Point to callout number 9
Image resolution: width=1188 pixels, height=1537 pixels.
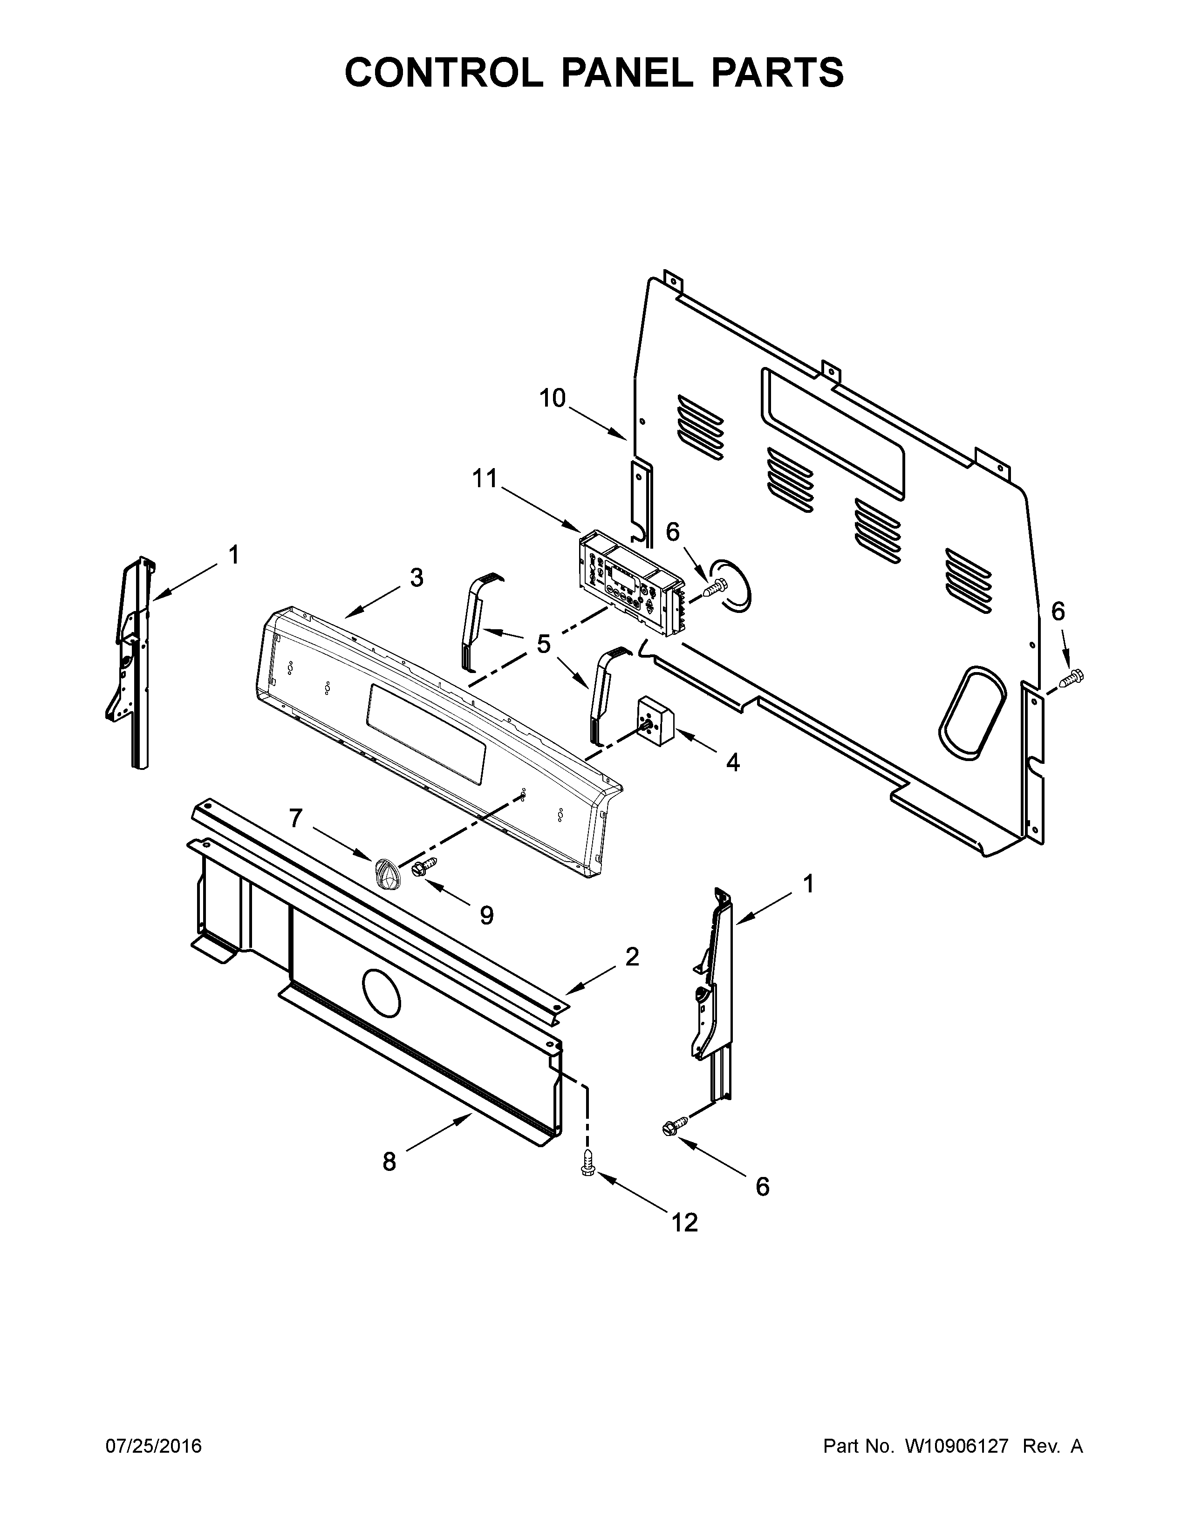click(x=486, y=915)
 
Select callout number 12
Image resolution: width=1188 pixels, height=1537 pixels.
click(x=684, y=1223)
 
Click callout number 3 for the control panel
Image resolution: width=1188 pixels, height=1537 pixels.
click(x=416, y=578)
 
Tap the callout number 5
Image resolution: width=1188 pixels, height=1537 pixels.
click(x=543, y=643)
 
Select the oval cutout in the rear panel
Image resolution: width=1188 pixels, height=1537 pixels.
click(x=973, y=712)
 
